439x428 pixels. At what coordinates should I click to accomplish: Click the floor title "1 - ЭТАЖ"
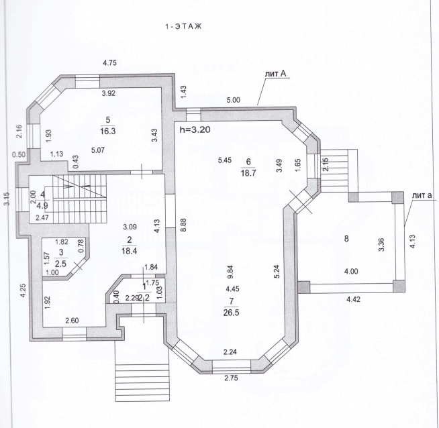(x=183, y=27)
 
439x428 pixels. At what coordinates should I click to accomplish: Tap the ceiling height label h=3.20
(x=195, y=129)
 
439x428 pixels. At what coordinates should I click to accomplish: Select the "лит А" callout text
(x=276, y=74)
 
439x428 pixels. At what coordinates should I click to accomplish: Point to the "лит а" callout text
(x=422, y=195)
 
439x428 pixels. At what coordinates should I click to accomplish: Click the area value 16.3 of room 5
(x=108, y=131)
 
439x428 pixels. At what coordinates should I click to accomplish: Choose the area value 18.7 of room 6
(x=248, y=173)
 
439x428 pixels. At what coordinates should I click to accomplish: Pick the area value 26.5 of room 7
(x=232, y=313)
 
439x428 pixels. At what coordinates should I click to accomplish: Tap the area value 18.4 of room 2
(x=129, y=251)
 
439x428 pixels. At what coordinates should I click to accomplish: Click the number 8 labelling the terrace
(x=346, y=239)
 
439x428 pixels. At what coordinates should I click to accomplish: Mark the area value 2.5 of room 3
(x=61, y=264)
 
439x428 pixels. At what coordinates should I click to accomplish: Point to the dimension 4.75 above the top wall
(x=109, y=63)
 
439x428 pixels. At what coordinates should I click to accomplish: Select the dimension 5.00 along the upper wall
(x=233, y=100)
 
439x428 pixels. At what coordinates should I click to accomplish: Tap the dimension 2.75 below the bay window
(x=232, y=378)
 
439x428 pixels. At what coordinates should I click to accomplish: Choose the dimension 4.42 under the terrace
(x=353, y=300)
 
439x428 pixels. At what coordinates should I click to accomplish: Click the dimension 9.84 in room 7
(x=231, y=272)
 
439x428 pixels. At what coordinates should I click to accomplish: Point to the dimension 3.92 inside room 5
(x=108, y=93)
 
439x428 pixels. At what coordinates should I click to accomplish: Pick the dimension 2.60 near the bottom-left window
(x=72, y=321)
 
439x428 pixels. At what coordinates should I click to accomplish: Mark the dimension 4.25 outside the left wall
(x=23, y=291)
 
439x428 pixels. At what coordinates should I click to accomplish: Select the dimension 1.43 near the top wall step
(x=183, y=92)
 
